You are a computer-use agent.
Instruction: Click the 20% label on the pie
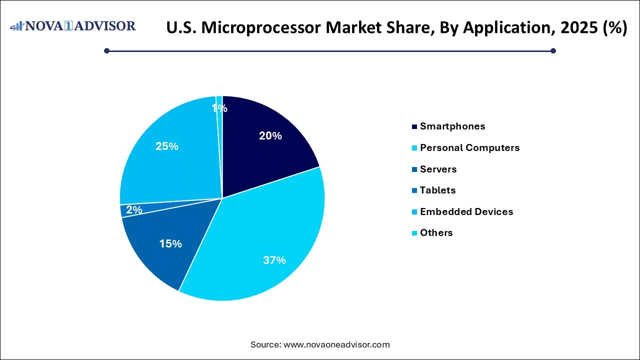270,135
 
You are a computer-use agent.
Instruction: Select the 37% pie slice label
274,260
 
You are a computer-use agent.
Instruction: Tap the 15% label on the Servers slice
170,243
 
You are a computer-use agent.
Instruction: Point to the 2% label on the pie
134,210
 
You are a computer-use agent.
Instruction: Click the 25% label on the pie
167,146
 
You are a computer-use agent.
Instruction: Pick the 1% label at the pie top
219,108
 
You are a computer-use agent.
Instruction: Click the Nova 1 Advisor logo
73,26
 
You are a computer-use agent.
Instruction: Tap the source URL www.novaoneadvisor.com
336,344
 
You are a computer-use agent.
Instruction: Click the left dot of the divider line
106,50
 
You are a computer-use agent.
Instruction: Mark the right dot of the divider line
553,50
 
